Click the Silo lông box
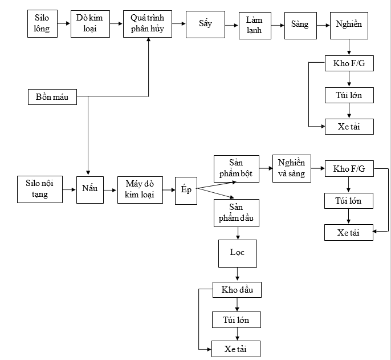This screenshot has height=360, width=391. click(42, 23)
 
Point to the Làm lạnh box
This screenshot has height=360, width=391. click(254, 25)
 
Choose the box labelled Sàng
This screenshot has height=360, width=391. click(300, 24)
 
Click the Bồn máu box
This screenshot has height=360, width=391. click(52, 97)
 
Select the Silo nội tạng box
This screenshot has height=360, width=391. click(40, 189)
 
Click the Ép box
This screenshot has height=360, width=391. click(186, 189)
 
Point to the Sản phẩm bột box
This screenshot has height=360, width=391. click(236, 169)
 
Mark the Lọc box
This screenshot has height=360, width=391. click(238, 253)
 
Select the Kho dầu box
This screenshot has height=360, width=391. click(237, 290)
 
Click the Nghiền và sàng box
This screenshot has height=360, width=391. click(292, 168)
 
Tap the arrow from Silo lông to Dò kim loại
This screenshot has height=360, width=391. click(64, 23)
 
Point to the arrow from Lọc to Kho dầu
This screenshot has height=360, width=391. click(238, 274)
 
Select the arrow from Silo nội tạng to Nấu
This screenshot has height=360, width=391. click(70, 189)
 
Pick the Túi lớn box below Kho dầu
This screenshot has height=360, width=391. click(237, 319)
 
